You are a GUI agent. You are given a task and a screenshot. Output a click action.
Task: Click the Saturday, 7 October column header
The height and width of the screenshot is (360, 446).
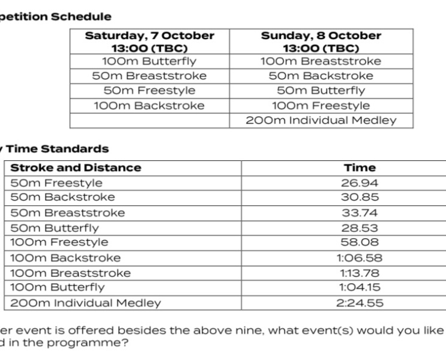149,41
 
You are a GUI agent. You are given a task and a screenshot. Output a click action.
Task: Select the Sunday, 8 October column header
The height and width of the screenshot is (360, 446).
321,41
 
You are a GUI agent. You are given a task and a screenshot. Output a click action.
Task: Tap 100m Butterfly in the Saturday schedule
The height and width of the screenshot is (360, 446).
149,61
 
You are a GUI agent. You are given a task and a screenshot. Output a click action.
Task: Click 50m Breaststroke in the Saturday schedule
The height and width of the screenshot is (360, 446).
149,76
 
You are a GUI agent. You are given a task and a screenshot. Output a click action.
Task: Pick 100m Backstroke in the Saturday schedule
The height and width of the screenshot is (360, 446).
149,106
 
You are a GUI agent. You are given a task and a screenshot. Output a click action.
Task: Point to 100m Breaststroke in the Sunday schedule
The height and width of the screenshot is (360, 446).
321,61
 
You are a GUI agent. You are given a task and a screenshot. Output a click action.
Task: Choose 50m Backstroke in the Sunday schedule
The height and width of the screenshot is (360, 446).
321,76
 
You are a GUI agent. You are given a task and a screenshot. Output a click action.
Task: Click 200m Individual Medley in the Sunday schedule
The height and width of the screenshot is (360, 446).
321,121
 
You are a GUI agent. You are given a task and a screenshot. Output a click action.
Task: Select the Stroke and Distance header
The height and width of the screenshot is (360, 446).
76,168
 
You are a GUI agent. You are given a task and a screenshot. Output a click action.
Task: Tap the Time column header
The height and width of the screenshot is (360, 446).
360,168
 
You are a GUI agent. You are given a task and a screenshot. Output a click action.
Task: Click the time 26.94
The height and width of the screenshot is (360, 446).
360,183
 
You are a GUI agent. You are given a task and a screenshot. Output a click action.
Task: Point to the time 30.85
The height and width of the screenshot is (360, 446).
360,197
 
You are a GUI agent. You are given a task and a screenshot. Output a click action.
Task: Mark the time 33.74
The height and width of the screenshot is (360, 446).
360,213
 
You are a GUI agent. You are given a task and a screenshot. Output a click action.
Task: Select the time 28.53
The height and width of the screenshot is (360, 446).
360,228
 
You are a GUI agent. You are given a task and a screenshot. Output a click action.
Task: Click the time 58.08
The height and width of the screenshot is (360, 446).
360,242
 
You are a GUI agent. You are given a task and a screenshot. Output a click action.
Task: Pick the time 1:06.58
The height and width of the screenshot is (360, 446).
360,258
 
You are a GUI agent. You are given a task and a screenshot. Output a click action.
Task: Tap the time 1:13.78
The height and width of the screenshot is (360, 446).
360,273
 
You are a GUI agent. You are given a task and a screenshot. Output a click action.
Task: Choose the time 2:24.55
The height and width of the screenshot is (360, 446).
360,303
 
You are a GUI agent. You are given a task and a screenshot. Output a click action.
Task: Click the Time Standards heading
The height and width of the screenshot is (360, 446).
58,149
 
